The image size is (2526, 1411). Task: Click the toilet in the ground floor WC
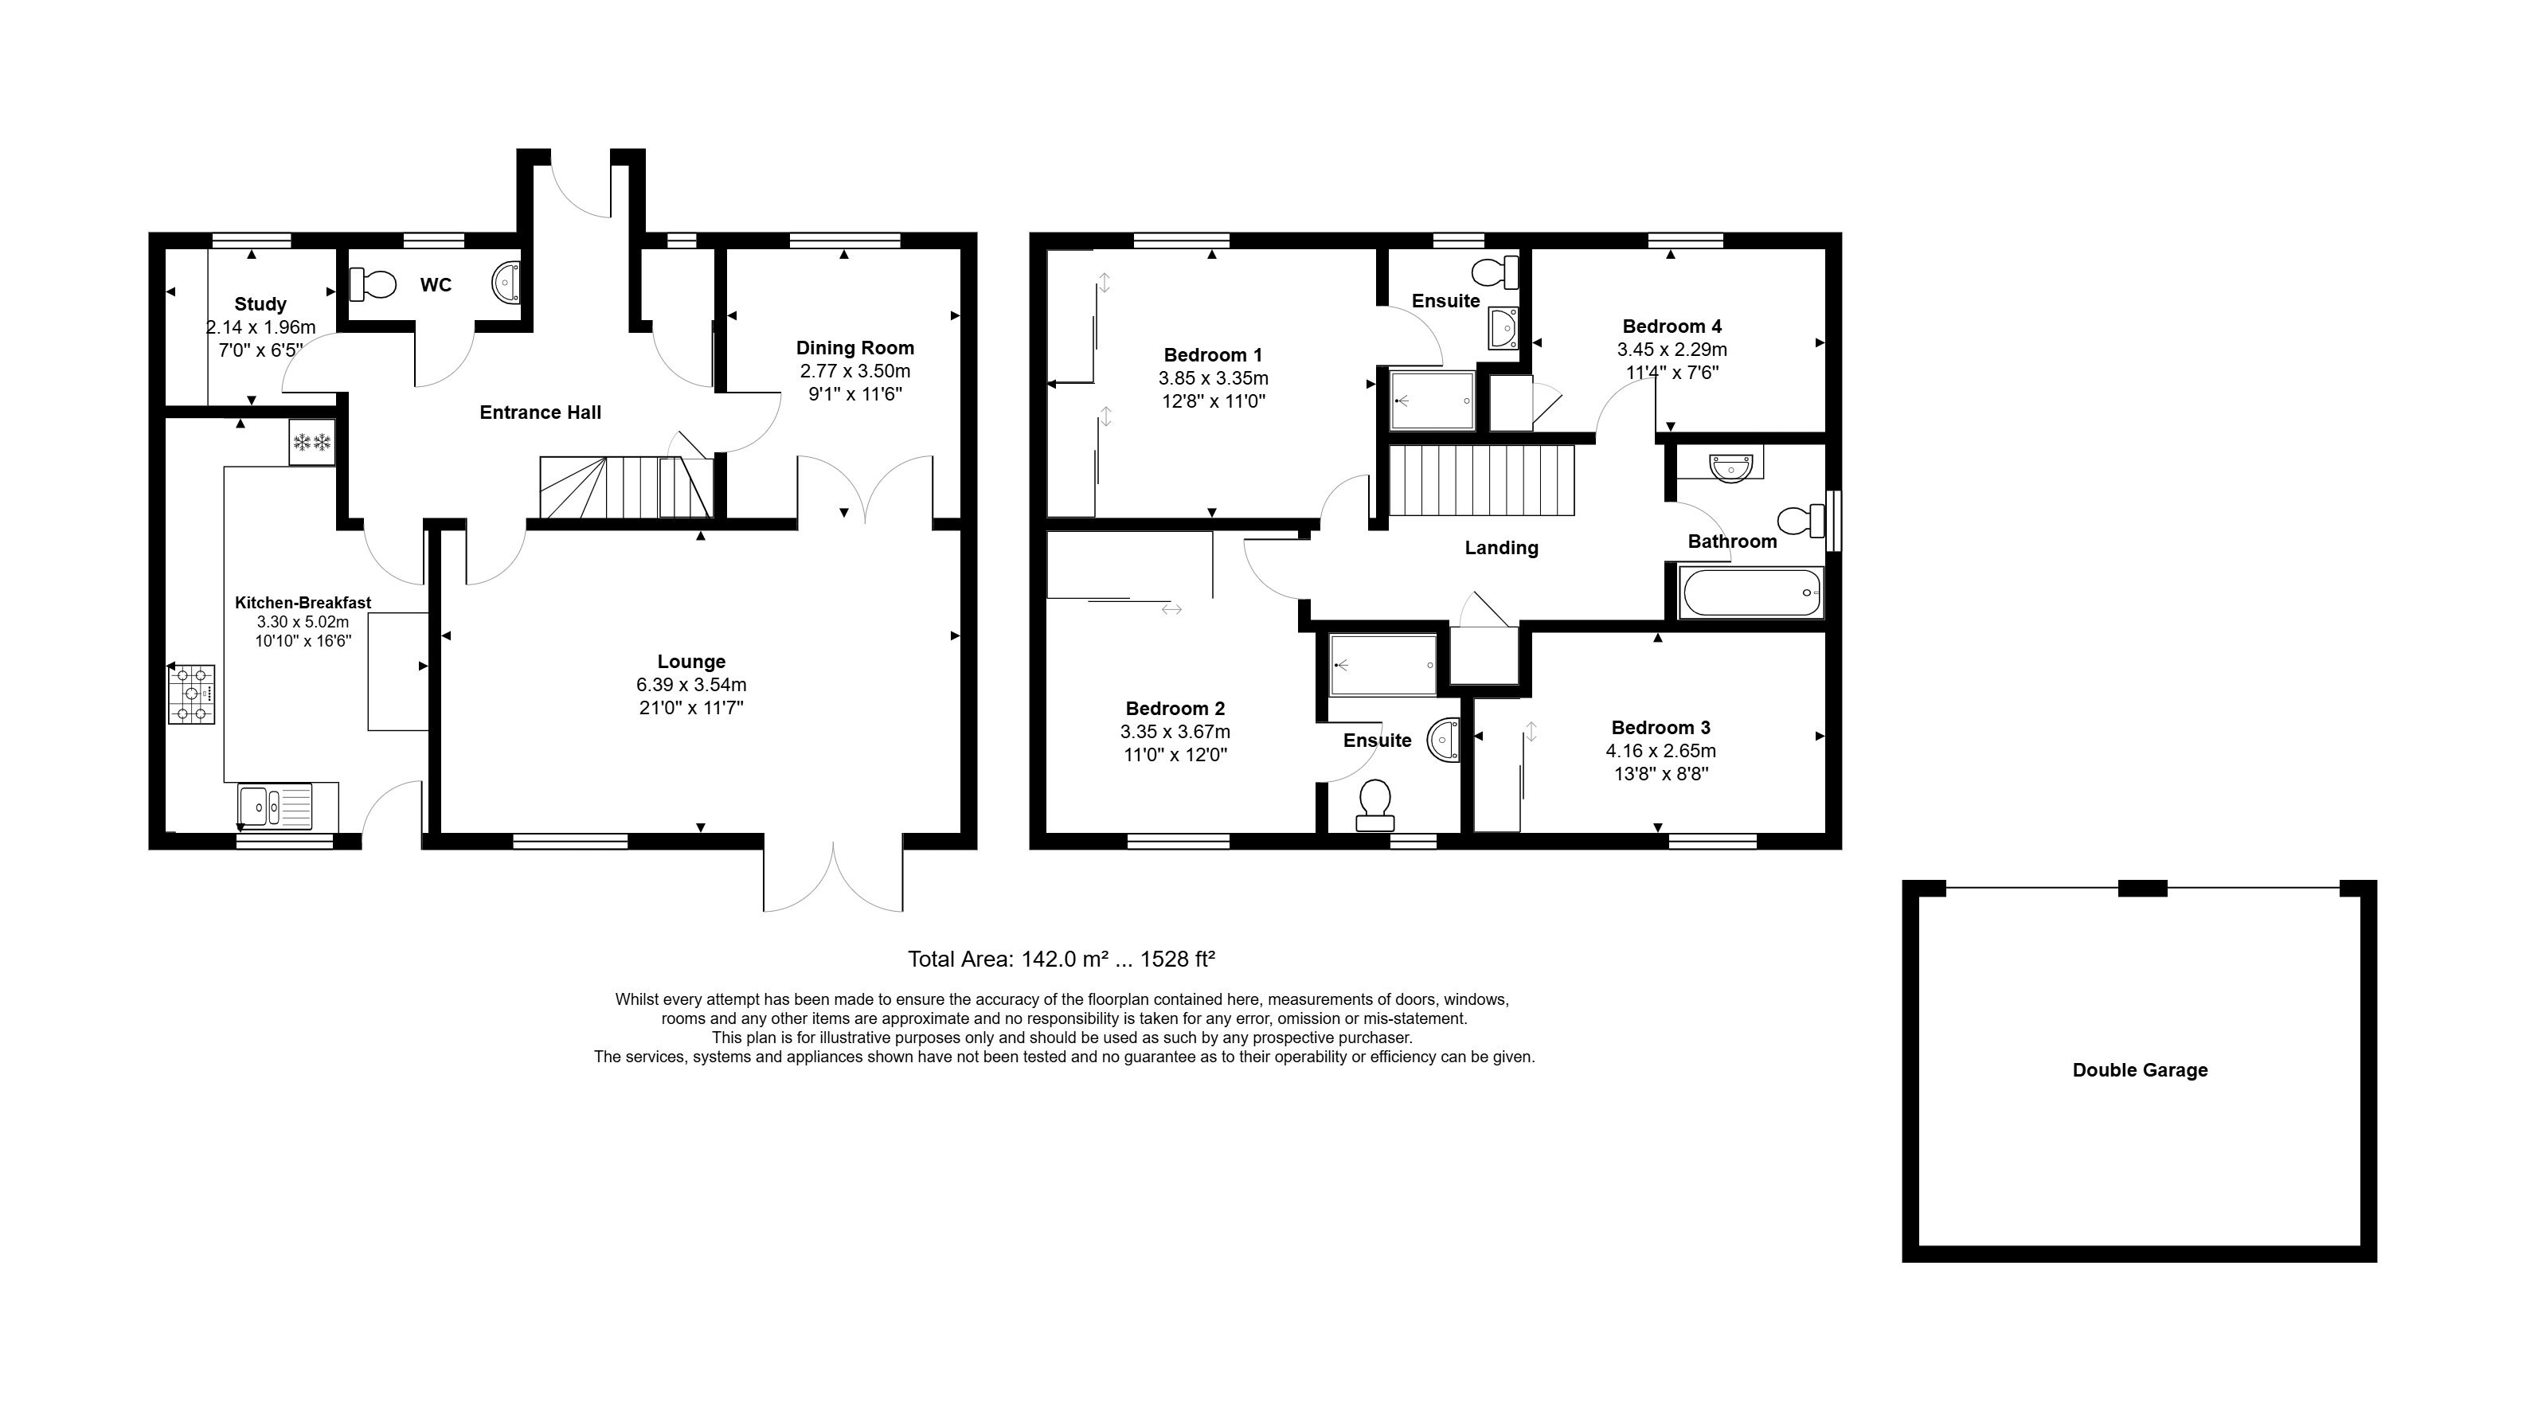coord(373,284)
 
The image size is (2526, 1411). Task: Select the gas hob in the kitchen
coord(191,694)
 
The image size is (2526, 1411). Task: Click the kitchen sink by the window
coord(275,806)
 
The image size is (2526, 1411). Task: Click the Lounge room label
coord(691,662)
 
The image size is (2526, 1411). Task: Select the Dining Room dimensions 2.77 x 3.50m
coord(855,370)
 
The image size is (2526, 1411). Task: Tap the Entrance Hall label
coord(540,412)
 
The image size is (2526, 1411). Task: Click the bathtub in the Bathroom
coord(1751,592)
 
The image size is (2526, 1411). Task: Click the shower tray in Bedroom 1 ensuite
coord(1433,400)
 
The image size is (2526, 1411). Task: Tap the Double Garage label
coord(2140,1069)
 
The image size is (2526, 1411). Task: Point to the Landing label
coord(1501,548)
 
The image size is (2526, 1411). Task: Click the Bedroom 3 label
coord(1660,728)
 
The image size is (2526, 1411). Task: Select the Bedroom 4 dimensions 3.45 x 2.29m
coord(1672,349)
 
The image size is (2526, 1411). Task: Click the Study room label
coord(260,304)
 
